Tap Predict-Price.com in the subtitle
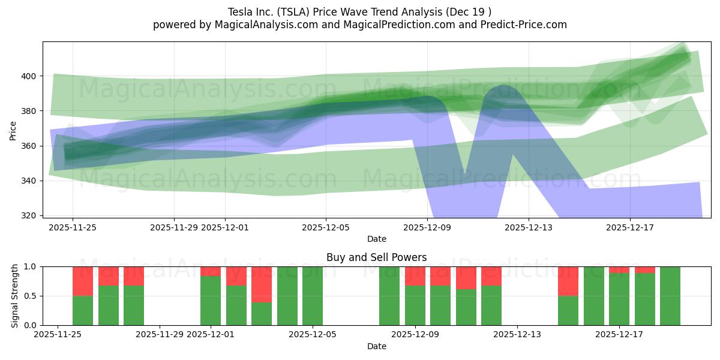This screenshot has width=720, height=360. (519, 25)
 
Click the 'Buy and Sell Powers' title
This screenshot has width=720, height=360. (376, 257)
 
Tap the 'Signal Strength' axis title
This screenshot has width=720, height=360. (15, 296)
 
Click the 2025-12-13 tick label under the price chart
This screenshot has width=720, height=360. (528, 227)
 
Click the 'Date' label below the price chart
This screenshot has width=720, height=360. (376, 239)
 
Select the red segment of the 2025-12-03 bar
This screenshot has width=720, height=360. (262, 284)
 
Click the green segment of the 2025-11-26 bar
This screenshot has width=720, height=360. (83, 310)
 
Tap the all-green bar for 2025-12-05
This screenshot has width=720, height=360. (313, 296)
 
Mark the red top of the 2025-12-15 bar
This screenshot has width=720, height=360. (568, 281)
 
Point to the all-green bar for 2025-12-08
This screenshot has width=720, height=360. (389, 296)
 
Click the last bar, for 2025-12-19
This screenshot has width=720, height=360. (670, 296)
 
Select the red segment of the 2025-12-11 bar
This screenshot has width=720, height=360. (466, 278)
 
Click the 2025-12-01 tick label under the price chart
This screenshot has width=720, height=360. (225, 227)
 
